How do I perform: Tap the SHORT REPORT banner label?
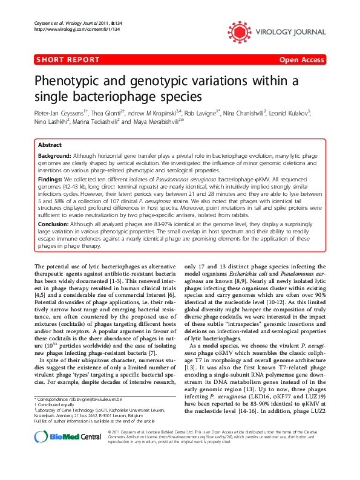pos(68,59)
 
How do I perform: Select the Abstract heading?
pos(50,146)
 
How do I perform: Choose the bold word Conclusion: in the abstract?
pos(53,223)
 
